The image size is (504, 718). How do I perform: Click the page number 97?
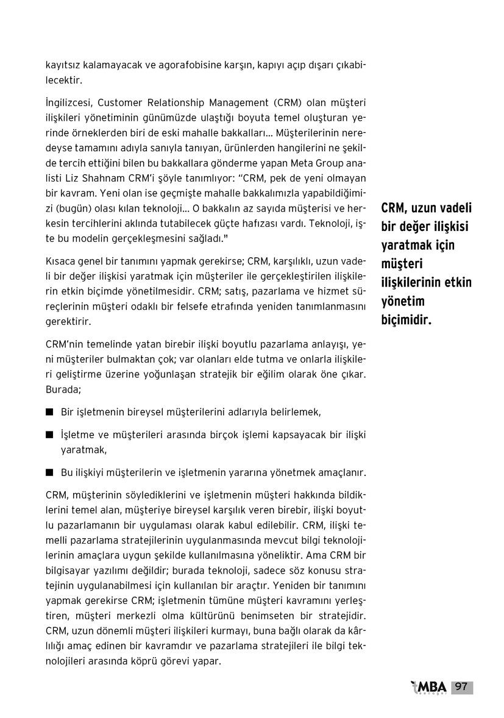pyautogui.click(x=461, y=687)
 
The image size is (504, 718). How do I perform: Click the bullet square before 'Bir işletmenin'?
pyautogui.click(x=49, y=413)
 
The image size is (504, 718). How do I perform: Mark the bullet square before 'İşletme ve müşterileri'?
pyautogui.click(x=49, y=435)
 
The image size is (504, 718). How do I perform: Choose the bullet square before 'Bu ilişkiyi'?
pyautogui.click(x=49, y=472)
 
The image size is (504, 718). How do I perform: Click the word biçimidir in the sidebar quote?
pyautogui.click(x=406, y=319)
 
